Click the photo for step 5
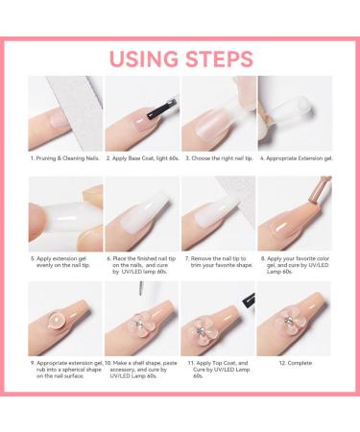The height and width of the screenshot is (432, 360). click(x=64, y=219)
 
